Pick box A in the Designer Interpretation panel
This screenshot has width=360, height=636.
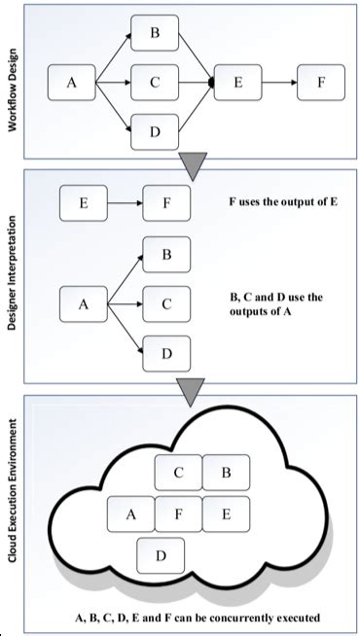(x=83, y=304)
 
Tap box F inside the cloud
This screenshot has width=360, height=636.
(x=177, y=512)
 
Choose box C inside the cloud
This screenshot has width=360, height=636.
(x=179, y=474)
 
